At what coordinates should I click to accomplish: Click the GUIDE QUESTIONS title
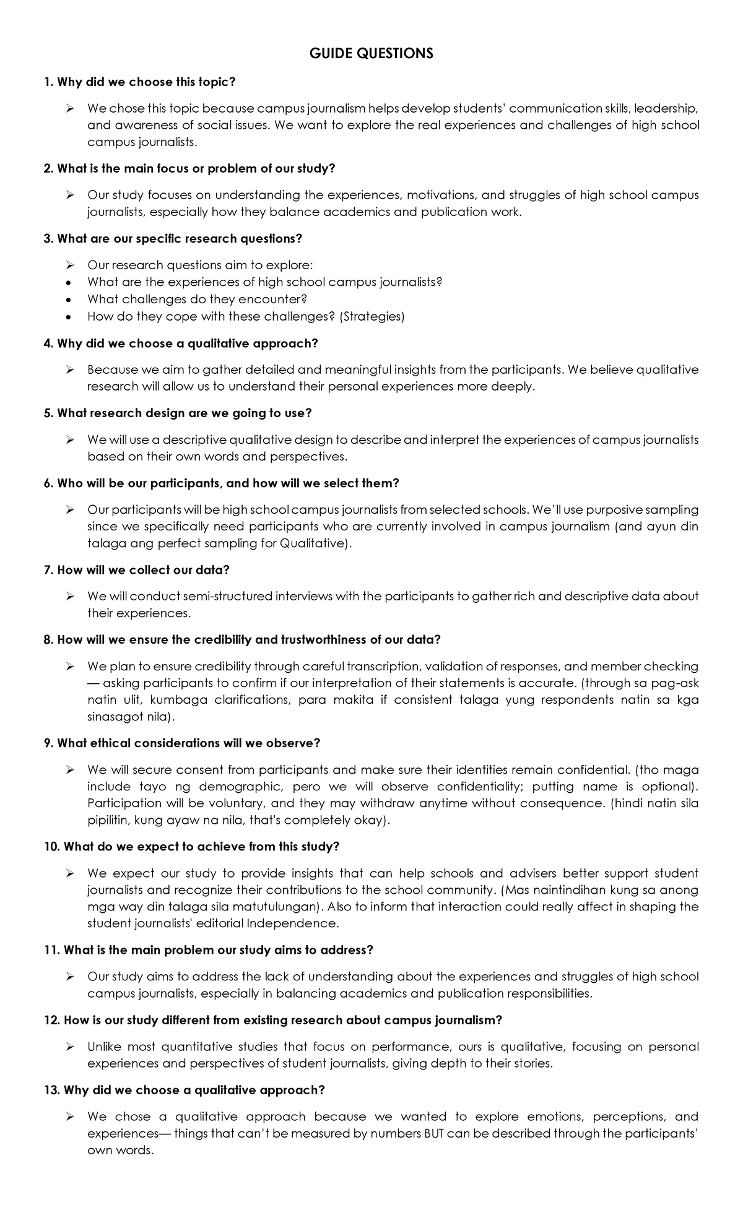tap(371, 54)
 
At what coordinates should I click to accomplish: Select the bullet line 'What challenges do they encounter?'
tap(198, 299)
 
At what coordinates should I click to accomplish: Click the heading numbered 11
tap(209, 949)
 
